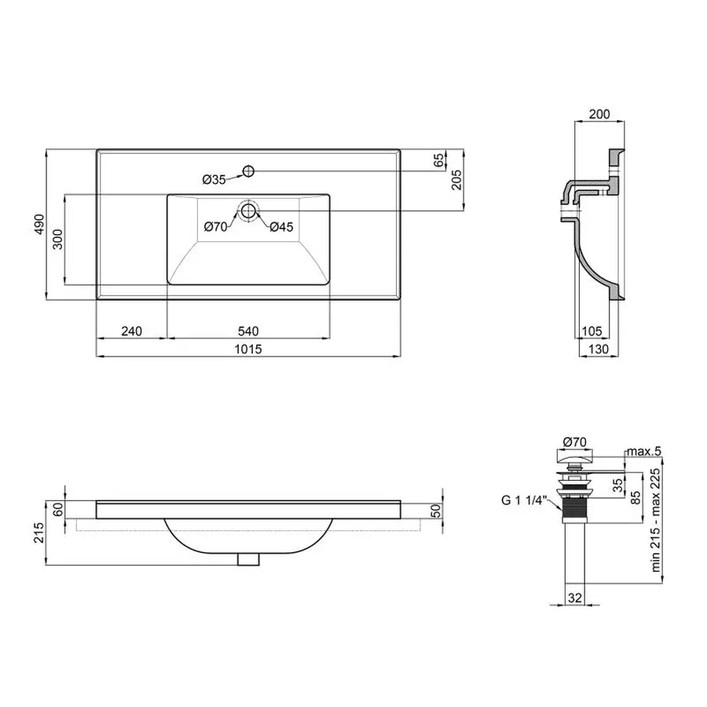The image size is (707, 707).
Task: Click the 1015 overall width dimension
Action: click(x=249, y=349)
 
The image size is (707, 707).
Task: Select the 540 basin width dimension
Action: click(x=249, y=331)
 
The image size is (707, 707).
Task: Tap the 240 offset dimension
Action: click(x=131, y=331)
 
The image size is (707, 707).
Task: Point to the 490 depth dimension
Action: click(x=38, y=225)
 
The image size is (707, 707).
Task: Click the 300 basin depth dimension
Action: click(x=57, y=240)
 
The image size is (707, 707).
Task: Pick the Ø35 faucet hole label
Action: click(x=214, y=180)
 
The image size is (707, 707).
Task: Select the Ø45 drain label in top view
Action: click(x=281, y=227)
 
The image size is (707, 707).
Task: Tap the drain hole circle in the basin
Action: click(x=249, y=211)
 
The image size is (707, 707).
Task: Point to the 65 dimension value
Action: click(x=438, y=160)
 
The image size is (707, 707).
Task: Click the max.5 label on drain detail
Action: click(x=644, y=451)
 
